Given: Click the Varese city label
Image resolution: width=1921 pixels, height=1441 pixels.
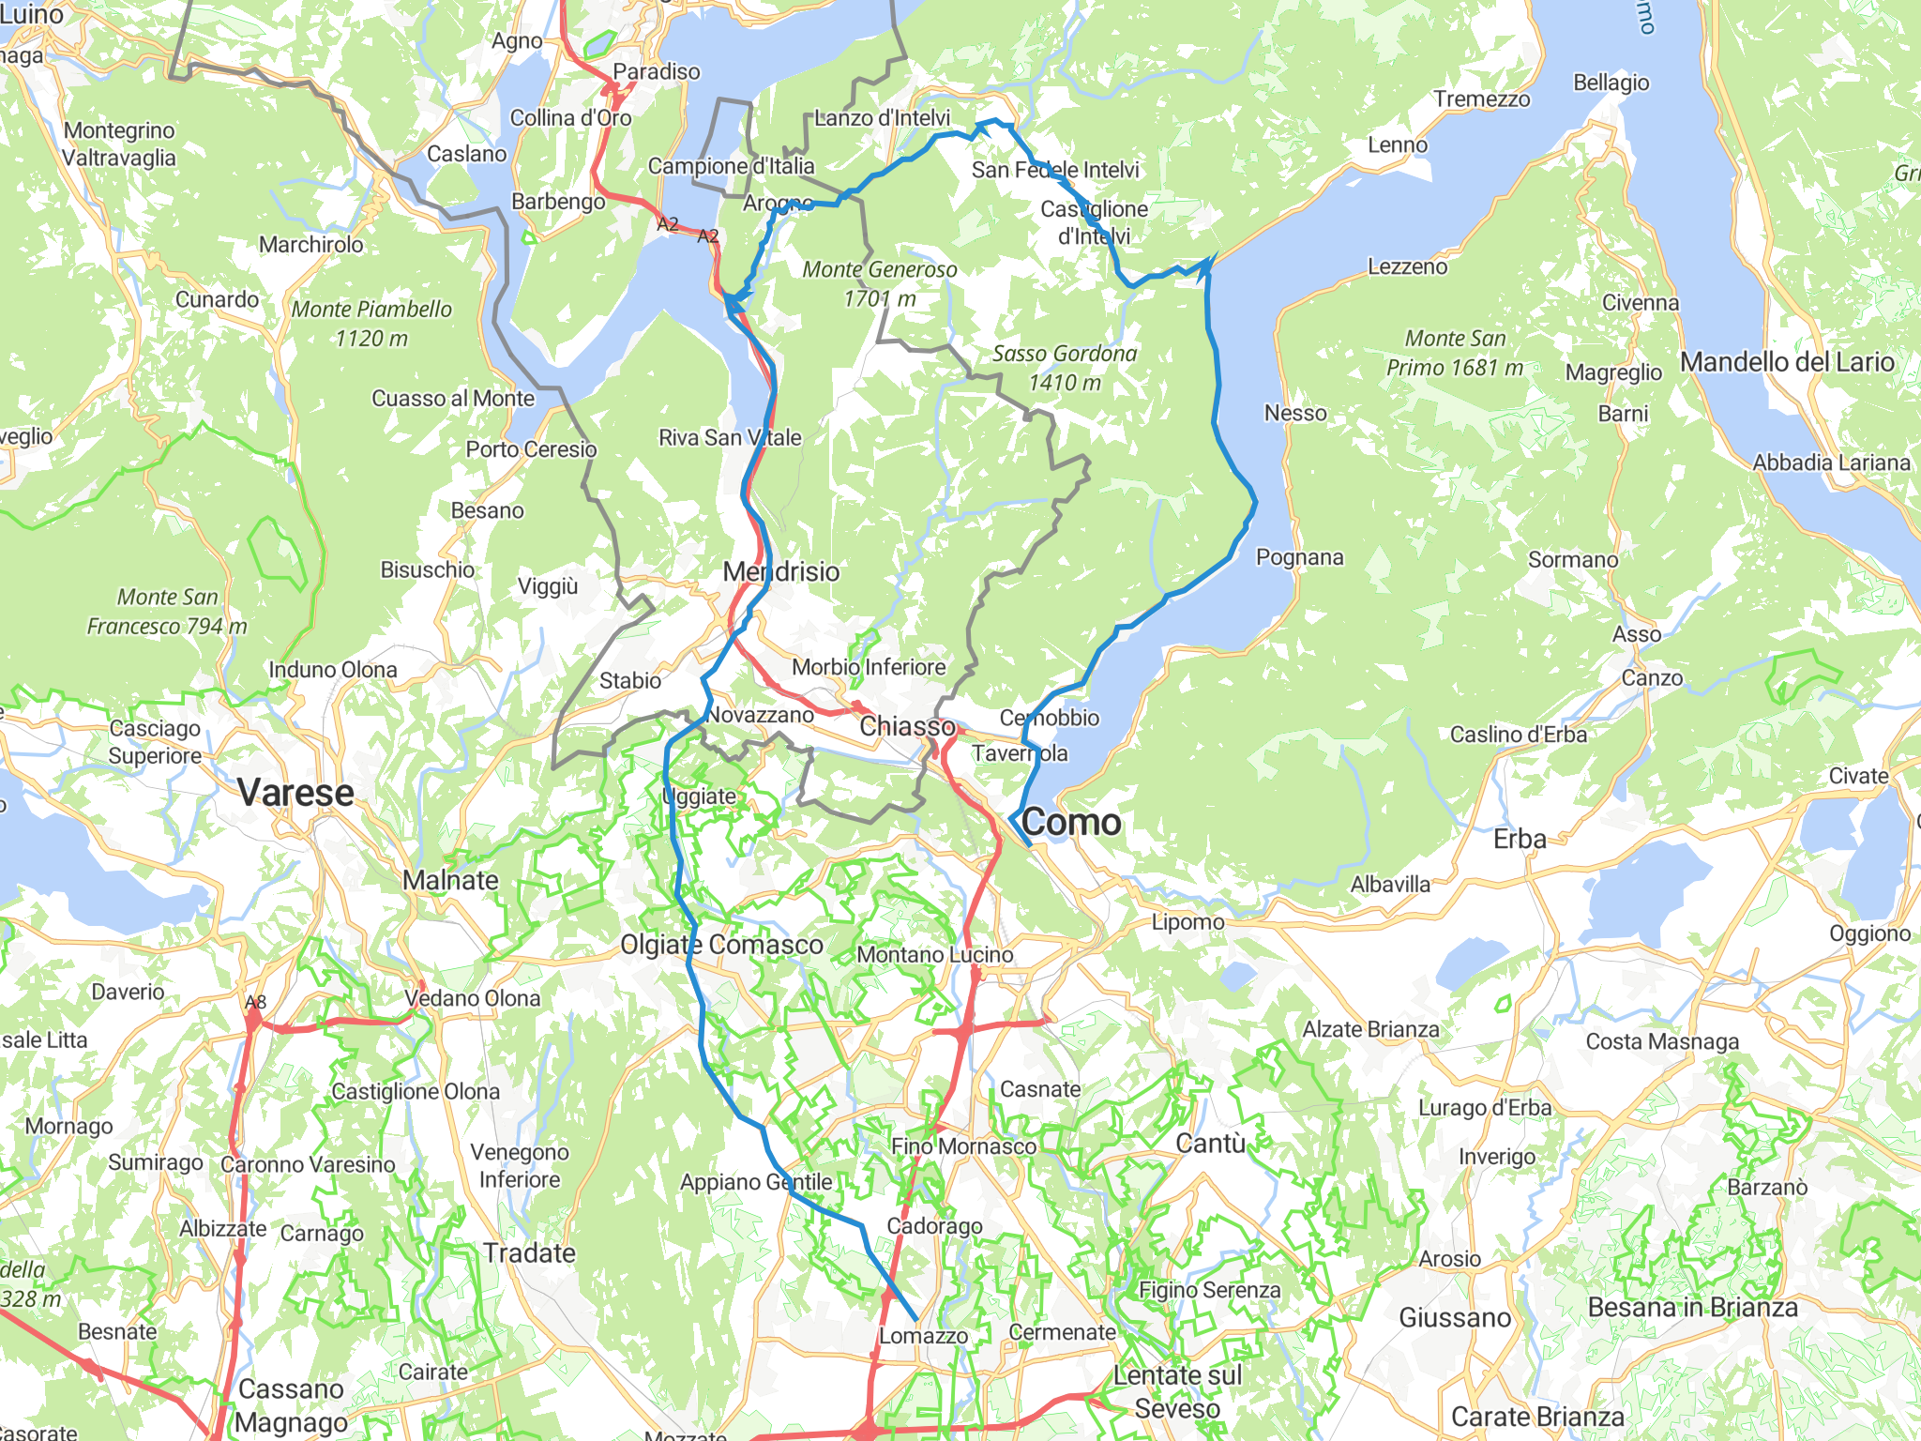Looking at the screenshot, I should point(295,793).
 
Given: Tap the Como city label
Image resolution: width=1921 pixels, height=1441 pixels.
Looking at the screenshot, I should point(1071,823).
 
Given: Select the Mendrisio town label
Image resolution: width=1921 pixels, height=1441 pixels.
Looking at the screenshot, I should point(781,571).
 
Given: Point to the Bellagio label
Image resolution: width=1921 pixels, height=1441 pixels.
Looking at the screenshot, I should point(1611,83).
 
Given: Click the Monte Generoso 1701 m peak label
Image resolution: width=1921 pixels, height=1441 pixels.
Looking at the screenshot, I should point(880,283).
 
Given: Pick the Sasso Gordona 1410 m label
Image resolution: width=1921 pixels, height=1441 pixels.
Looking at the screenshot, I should point(1065,368).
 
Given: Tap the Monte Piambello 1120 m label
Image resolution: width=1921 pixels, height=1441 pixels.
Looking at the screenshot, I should point(371,323).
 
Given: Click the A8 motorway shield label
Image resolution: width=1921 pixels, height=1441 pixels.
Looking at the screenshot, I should point(255,1002).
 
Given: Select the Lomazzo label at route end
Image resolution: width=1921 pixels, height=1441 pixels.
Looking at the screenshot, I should point(923,1335).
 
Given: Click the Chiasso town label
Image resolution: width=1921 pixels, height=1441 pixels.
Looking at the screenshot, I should point(907,726).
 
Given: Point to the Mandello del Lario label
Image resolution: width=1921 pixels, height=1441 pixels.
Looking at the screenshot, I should point(1787,362).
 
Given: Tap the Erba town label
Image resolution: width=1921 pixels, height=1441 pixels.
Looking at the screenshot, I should point(1520,839).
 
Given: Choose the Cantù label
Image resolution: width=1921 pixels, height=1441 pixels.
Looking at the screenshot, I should point(1211,1143).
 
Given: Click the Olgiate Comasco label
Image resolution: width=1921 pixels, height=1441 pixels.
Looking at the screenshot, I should point(721,945).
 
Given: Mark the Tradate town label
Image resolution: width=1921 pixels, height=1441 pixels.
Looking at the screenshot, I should point(529,1252).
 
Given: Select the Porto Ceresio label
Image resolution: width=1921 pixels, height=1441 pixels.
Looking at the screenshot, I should point(531,449).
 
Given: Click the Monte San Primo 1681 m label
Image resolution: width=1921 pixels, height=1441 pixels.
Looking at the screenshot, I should point(1455,353).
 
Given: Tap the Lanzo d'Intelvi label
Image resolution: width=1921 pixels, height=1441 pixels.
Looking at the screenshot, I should point(882,118).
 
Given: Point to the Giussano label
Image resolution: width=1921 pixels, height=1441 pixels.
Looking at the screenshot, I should point(1455,1318).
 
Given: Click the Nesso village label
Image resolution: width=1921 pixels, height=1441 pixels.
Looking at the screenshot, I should point(1295,413).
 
